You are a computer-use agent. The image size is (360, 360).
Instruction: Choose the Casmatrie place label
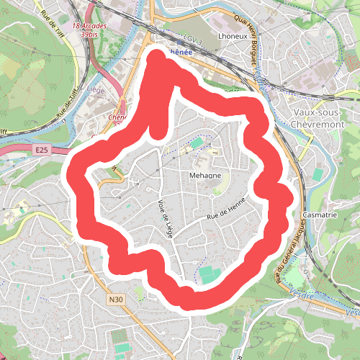pyautogui.click(x=321, y=215)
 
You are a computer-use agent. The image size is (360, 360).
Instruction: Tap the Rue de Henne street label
pyautogui.click(x=227, y=208)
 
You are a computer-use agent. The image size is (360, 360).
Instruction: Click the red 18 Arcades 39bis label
pyautogui.click(x=90, y=30)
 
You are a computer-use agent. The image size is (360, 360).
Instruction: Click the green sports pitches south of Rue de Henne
pyautogui.click(x=208, y=274)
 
